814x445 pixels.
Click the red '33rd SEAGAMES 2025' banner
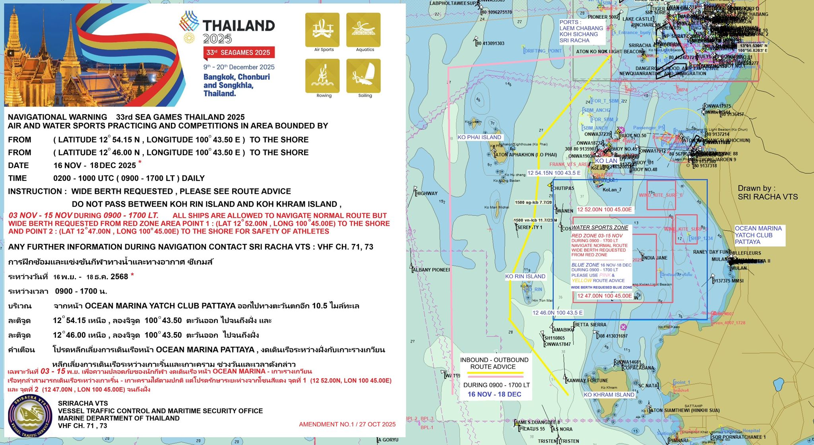pos(238,52)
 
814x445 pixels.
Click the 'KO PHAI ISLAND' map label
pos(479,137)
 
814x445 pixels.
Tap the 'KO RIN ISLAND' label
pos(525,277)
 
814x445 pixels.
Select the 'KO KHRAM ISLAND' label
pos(609,395)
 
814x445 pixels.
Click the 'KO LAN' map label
pos(606,161)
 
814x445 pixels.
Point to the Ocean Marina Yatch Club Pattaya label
pos(758,235)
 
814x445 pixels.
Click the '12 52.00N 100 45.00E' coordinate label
pos(604,210)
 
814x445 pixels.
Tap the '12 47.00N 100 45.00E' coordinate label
pos(604,296)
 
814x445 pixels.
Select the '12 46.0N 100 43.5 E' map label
pos(557,313)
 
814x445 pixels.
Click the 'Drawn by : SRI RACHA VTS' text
pos(767,192)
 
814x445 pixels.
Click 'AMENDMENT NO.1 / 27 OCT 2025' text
pos(347,424)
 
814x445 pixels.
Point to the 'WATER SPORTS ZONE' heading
pos(600,228)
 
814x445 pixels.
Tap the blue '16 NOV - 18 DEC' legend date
pos(494,395)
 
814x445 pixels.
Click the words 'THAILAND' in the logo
pos(239,26)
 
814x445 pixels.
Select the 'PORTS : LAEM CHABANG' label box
pos(581,31)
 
